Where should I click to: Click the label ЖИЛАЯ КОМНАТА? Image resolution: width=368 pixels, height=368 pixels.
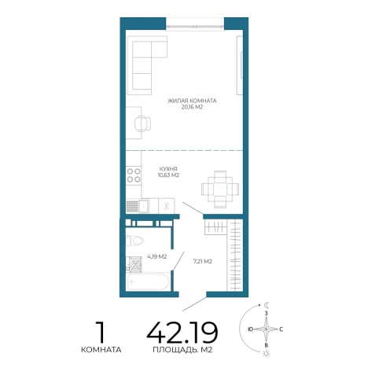coord(192,101)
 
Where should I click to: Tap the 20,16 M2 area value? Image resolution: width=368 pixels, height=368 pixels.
coord(192,107)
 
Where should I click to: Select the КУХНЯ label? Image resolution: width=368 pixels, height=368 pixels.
coord(168,169)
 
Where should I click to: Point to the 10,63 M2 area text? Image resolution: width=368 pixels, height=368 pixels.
coord(168,175)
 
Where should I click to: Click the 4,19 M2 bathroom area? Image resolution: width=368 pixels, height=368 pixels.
coord(157,256)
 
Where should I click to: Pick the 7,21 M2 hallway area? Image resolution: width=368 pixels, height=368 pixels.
coord(202,261)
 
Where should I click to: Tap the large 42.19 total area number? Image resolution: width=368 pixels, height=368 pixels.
coord(182,333)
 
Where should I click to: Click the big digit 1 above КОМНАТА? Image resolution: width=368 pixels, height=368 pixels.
coord(101,332)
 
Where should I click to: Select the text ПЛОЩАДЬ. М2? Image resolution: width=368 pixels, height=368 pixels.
coord(182,350)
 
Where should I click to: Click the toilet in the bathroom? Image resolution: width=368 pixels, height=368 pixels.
coord(134,241)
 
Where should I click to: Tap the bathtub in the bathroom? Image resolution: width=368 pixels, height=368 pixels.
coord(148,282)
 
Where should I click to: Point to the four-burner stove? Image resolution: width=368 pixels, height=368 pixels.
coord(134,175)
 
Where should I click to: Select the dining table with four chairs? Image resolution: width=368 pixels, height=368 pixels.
coord(220,190)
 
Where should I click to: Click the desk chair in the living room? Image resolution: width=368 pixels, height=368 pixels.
coord(142,123)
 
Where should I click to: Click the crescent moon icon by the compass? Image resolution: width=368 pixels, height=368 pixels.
coord(267,305)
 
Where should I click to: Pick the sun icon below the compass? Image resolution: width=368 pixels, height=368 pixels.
coord(267,354)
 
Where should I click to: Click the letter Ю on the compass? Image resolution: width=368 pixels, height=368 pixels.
coord(250,329)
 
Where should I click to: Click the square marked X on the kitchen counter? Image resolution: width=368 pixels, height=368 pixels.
coord(167,206)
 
